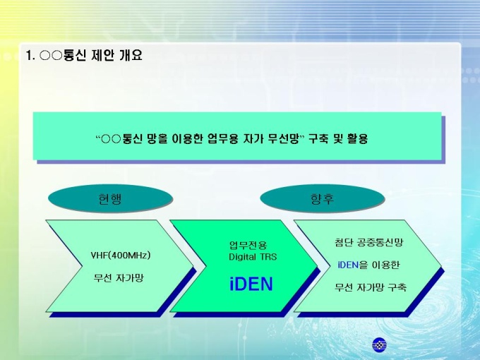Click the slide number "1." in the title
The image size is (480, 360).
30,56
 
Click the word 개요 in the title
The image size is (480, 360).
131,55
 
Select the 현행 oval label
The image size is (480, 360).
110,198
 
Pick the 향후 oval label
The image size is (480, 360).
323,198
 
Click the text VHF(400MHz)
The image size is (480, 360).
121,255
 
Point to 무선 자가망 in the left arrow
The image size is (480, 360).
119,278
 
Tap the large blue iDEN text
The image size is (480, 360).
251,284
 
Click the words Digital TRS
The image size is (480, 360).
253,256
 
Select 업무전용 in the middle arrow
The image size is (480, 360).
248,245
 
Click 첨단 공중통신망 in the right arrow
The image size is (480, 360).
369,242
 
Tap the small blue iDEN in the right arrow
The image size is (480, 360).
348,265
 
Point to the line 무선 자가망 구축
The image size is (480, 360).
371,287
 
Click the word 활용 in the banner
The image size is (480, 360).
357,139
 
